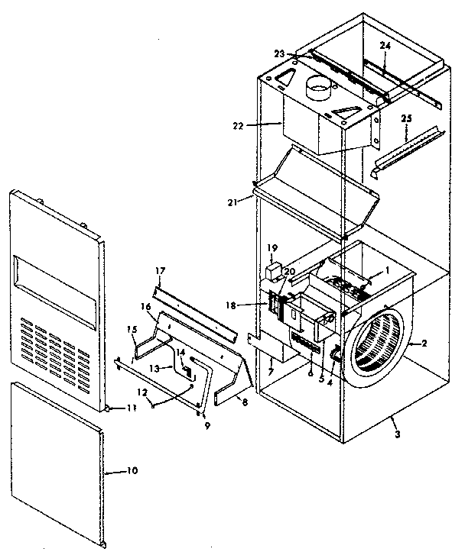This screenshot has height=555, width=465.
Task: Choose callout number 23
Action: point(279,53)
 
